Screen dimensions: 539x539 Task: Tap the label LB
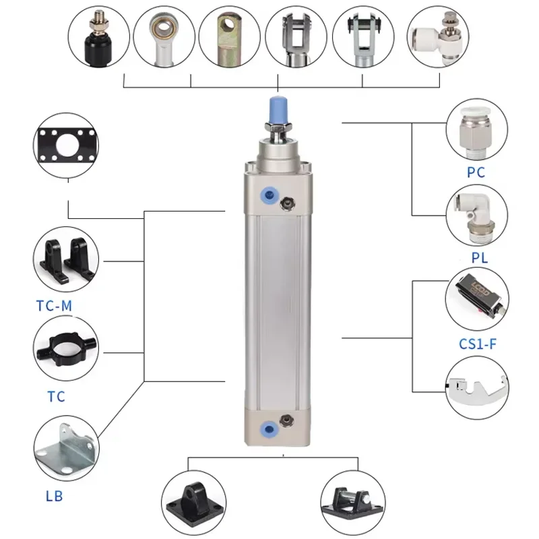click(54, 497)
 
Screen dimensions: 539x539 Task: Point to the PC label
click(476, 172)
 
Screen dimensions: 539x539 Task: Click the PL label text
click(479, 258)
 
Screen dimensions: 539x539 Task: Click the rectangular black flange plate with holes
click(65, 146)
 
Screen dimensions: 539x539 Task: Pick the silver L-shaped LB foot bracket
click(65, 447)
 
